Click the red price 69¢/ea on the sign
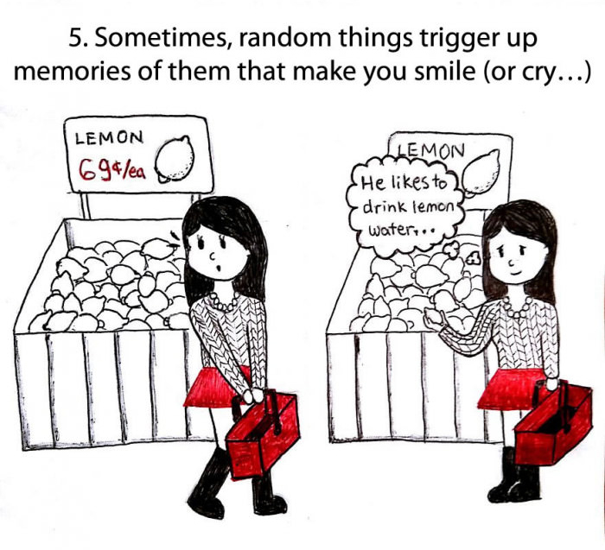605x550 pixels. click(x=111, y=166)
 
